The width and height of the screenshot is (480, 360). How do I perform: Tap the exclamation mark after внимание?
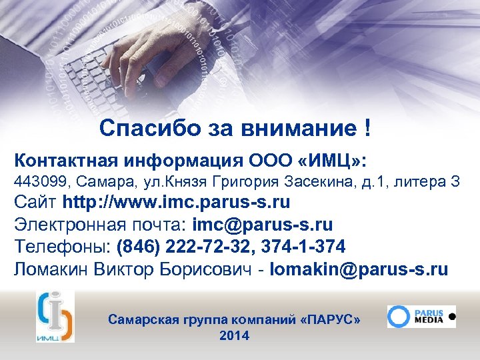(367, 127)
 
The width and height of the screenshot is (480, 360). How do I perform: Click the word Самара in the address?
(101, 181)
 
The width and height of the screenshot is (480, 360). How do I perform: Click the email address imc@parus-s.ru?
(263, 225)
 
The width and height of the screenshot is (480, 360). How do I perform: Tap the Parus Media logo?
(421, 316)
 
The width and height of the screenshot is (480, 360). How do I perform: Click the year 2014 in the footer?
(234, 336)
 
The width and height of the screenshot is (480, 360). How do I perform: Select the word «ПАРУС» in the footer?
(331, 320)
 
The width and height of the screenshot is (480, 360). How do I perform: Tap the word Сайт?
(36, 202)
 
